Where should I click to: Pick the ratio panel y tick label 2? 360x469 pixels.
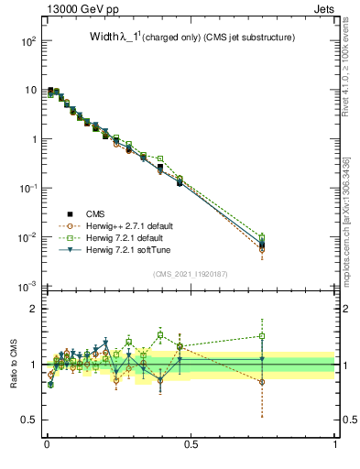click(32, 309)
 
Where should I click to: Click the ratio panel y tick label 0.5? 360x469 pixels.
click(27, 420)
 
